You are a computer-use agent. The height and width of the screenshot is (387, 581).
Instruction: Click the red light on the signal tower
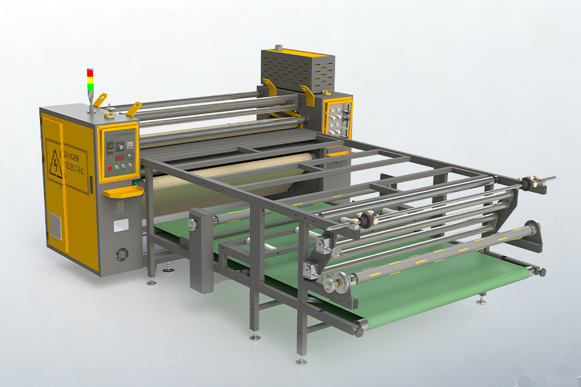(x=90, y=72)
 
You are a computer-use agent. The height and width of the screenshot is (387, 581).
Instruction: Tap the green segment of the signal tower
(x=90, y=86)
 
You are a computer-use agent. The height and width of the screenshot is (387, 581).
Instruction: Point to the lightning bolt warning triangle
(x=56, y=165)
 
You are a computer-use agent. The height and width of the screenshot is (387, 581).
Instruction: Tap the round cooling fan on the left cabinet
(x=122, y=254)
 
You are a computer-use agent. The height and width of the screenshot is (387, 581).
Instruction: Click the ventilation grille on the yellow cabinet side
(x=56, y=228)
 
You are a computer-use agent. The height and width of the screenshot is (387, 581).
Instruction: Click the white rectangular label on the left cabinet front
(x=121, y=226)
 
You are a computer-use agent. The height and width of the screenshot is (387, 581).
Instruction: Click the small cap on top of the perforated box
(x=279, y=48)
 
